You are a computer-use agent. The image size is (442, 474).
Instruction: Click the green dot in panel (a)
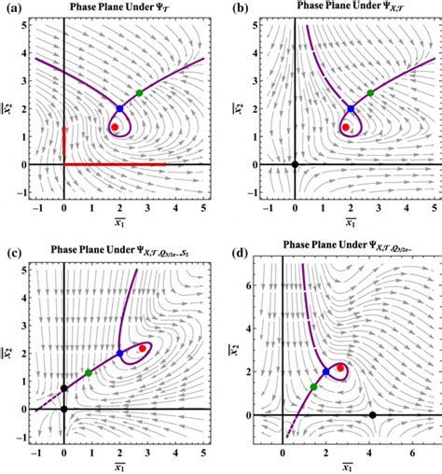(140, 92)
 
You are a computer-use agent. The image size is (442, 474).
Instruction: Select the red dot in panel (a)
(115, 127)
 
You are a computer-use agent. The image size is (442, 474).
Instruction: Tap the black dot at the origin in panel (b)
(295, 164)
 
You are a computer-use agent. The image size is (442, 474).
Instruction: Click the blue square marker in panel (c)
(119, 354)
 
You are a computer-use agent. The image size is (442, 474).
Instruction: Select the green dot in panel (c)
(89, 373)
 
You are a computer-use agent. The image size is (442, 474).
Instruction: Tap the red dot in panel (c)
(142, 348)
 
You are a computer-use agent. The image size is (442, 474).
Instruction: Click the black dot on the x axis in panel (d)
(373, 414)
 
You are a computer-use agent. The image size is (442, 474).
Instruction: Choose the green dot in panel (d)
(313, 386)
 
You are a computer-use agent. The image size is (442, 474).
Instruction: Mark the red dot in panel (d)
(340, 368)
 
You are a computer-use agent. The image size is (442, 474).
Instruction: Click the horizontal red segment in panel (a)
(112, 164)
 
